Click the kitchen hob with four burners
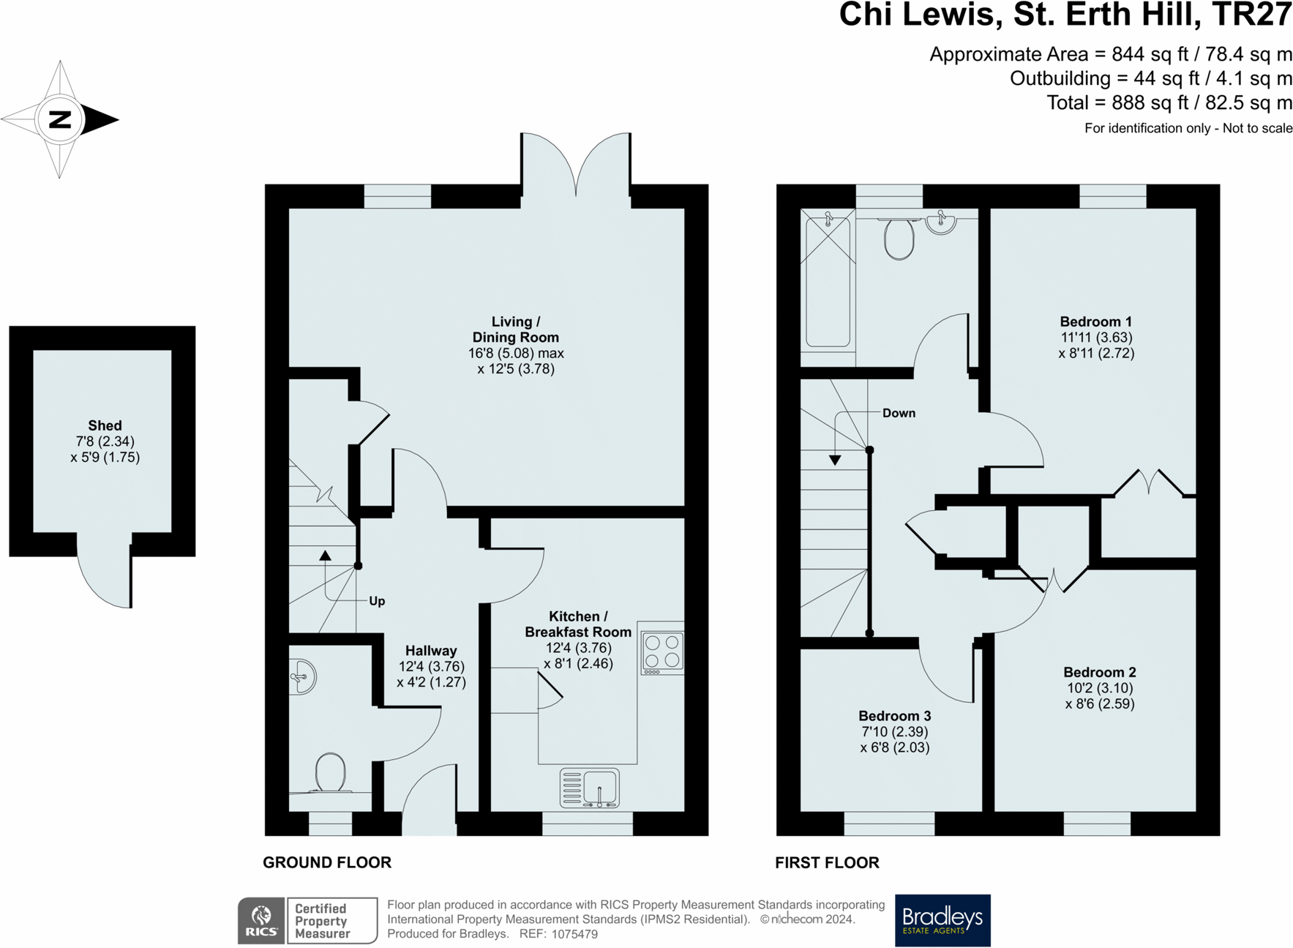click(662, 652)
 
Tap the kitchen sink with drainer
click(590, 788)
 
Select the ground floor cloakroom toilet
click(331, 773)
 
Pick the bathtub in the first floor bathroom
click(828, 280)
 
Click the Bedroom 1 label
click(1095, 321)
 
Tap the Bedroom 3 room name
click(894, 715)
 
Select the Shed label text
click(105, 425)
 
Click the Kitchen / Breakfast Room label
click(578, 624)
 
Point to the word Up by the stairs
click(377, 601)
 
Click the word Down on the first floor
click(899, 413)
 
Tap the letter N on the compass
click(60, 119)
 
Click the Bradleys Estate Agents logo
click(942, 920)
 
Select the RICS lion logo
click(261, 920)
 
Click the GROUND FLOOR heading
click(327, 862)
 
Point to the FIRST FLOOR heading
click(827, 862)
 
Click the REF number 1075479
click(574, 934)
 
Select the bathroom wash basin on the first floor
click(941, 222)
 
